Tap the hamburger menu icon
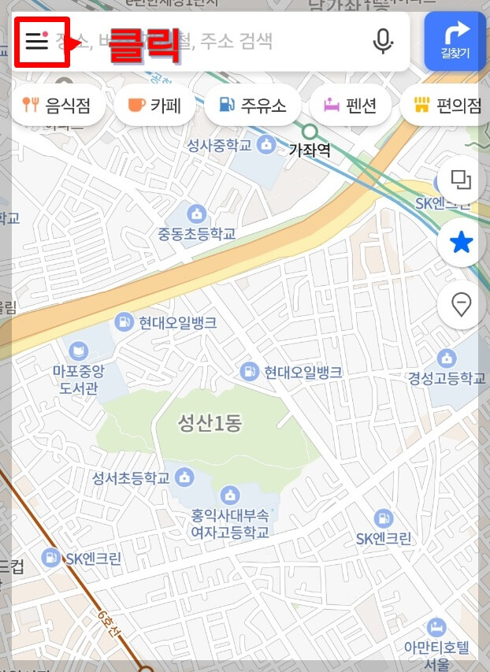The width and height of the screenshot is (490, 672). click(x=37, y=41)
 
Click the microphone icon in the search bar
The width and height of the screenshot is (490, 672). click(x=383, y=41)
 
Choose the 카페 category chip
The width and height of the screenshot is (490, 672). click(x=154, y=106)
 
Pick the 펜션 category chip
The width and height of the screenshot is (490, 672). click(x=351, y=106)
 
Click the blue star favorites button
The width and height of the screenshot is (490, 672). click(x=461, y=243)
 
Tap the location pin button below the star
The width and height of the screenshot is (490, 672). click(x=461, y=303)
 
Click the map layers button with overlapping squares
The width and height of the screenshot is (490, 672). click(x=461, y=180)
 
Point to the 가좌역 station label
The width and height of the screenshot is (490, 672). click(x=310, y=150)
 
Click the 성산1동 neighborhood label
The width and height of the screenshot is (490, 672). click(x=210, y=423)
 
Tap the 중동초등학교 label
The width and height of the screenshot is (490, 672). click(x=196, y=234)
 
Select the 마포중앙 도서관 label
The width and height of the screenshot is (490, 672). click(x=79, y=378)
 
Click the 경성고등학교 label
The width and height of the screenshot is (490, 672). click(x=447, y=378)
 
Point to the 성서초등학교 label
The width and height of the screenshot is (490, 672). click(x=132, y=478)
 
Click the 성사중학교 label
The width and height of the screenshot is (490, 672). click(x=219, y=145)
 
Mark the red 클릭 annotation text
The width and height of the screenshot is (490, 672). click(x=144, y=45)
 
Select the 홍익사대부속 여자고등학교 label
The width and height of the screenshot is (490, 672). click(x=230, y=524)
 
